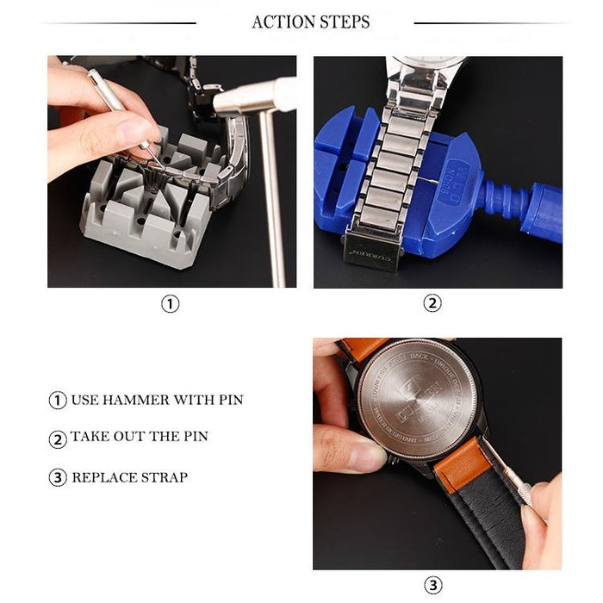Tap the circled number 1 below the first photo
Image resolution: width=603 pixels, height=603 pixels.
coord(171,303)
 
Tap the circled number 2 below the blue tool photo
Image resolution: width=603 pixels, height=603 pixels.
coord(432,303)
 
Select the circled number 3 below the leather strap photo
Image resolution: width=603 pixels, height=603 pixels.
coord(433,586)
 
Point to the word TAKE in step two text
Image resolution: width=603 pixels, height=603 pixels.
coord(90,437)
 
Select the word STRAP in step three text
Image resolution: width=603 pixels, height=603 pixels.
coord(165,477)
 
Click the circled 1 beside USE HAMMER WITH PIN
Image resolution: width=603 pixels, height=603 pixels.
coord(58,401)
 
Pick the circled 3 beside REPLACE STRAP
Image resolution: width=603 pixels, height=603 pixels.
coord(58,478)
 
